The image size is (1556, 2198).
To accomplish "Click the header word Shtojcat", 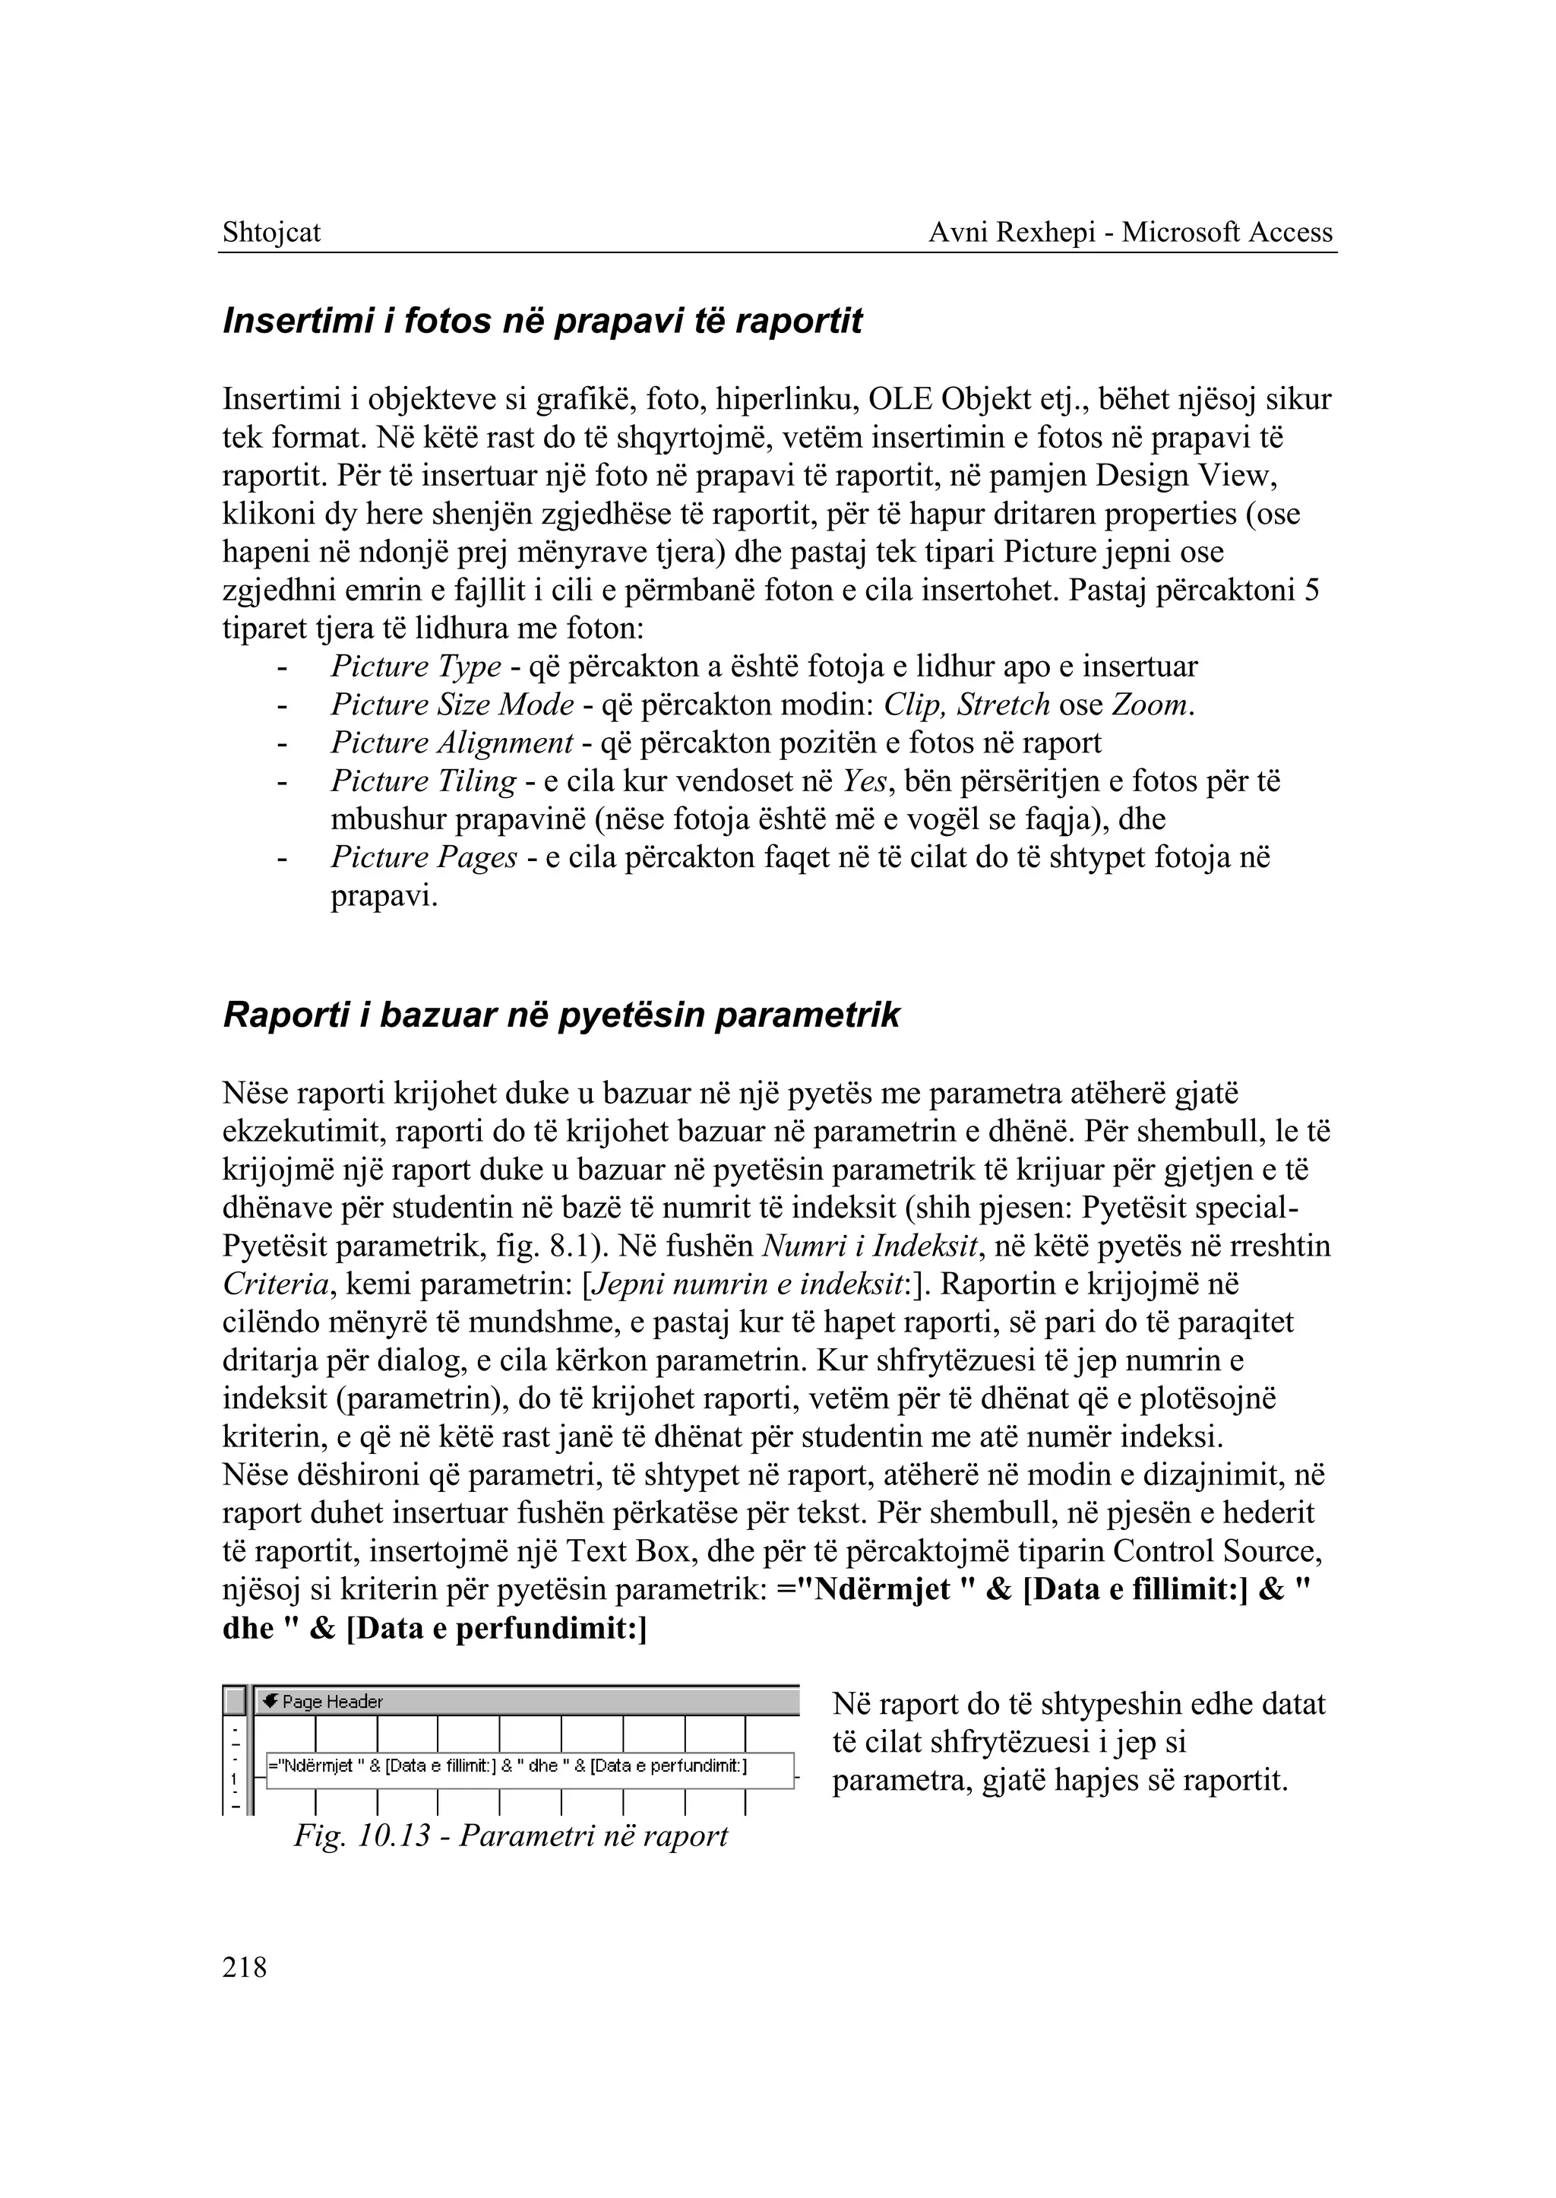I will pyautogui.click(x=271, y=232).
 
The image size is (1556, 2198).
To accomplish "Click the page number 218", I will pyautogui.click(x=245, y=1967).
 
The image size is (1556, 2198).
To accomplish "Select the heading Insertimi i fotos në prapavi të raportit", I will pyautogui.click(x=542, y=321).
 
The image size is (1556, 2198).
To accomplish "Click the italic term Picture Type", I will pyautogui.click(x=416, y=667).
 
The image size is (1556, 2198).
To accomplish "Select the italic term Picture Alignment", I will pyautogui.click(x=452, y=743).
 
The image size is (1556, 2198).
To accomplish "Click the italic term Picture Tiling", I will pyautogui.click(x=423, y=781).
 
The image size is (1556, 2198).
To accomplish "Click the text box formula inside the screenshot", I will pyautogui.click(x=508, y=1766).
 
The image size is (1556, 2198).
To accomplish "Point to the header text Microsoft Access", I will pyautogui.click(x=1227, y=232).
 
